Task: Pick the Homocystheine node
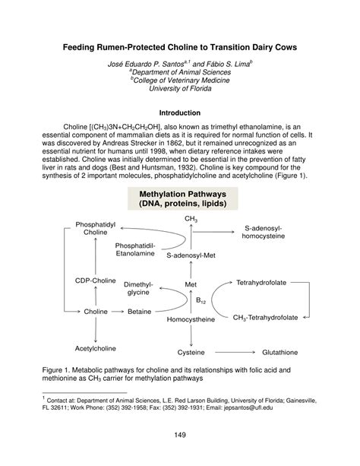point(191,319)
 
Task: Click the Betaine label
point(139,312)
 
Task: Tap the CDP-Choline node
point(95,281)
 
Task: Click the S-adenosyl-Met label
point(191,256)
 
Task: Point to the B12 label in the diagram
point(201,300)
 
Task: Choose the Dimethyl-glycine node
point(138,287)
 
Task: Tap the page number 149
point(179,435)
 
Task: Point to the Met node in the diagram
point(191,285)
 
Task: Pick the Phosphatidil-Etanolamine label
point(135,251)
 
